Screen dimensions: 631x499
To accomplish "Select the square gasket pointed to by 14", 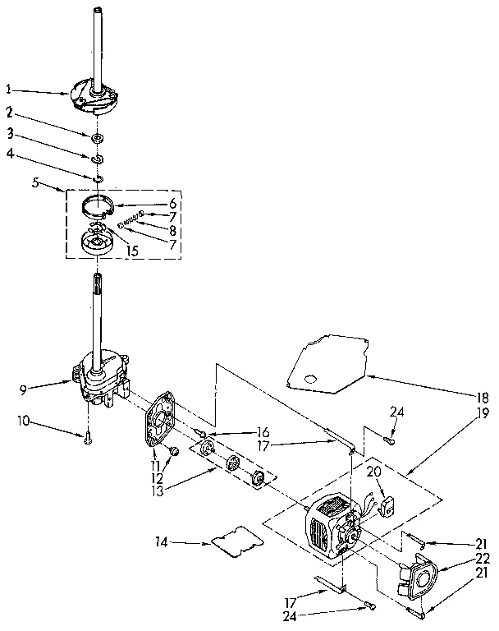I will (x=232, y=543).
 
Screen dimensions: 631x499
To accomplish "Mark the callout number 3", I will (x=10, y=133).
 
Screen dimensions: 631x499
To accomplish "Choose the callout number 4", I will (x=10, y=153).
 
